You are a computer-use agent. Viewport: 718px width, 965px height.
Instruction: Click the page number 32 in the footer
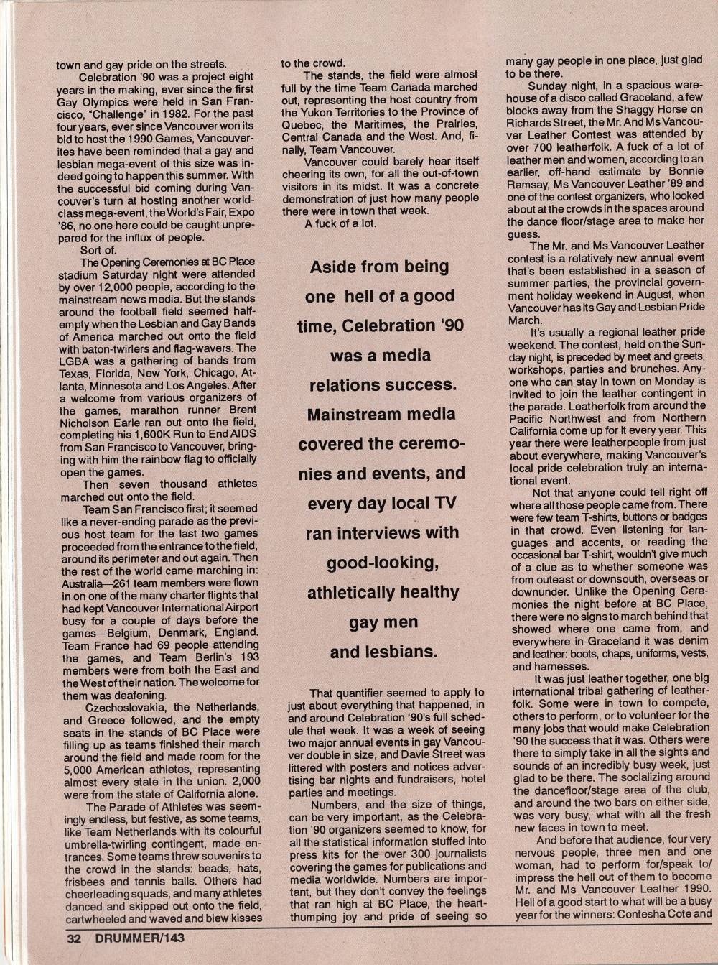[x=75, y=939]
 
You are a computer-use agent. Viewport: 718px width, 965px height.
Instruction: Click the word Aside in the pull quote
[x=332, y=267]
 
